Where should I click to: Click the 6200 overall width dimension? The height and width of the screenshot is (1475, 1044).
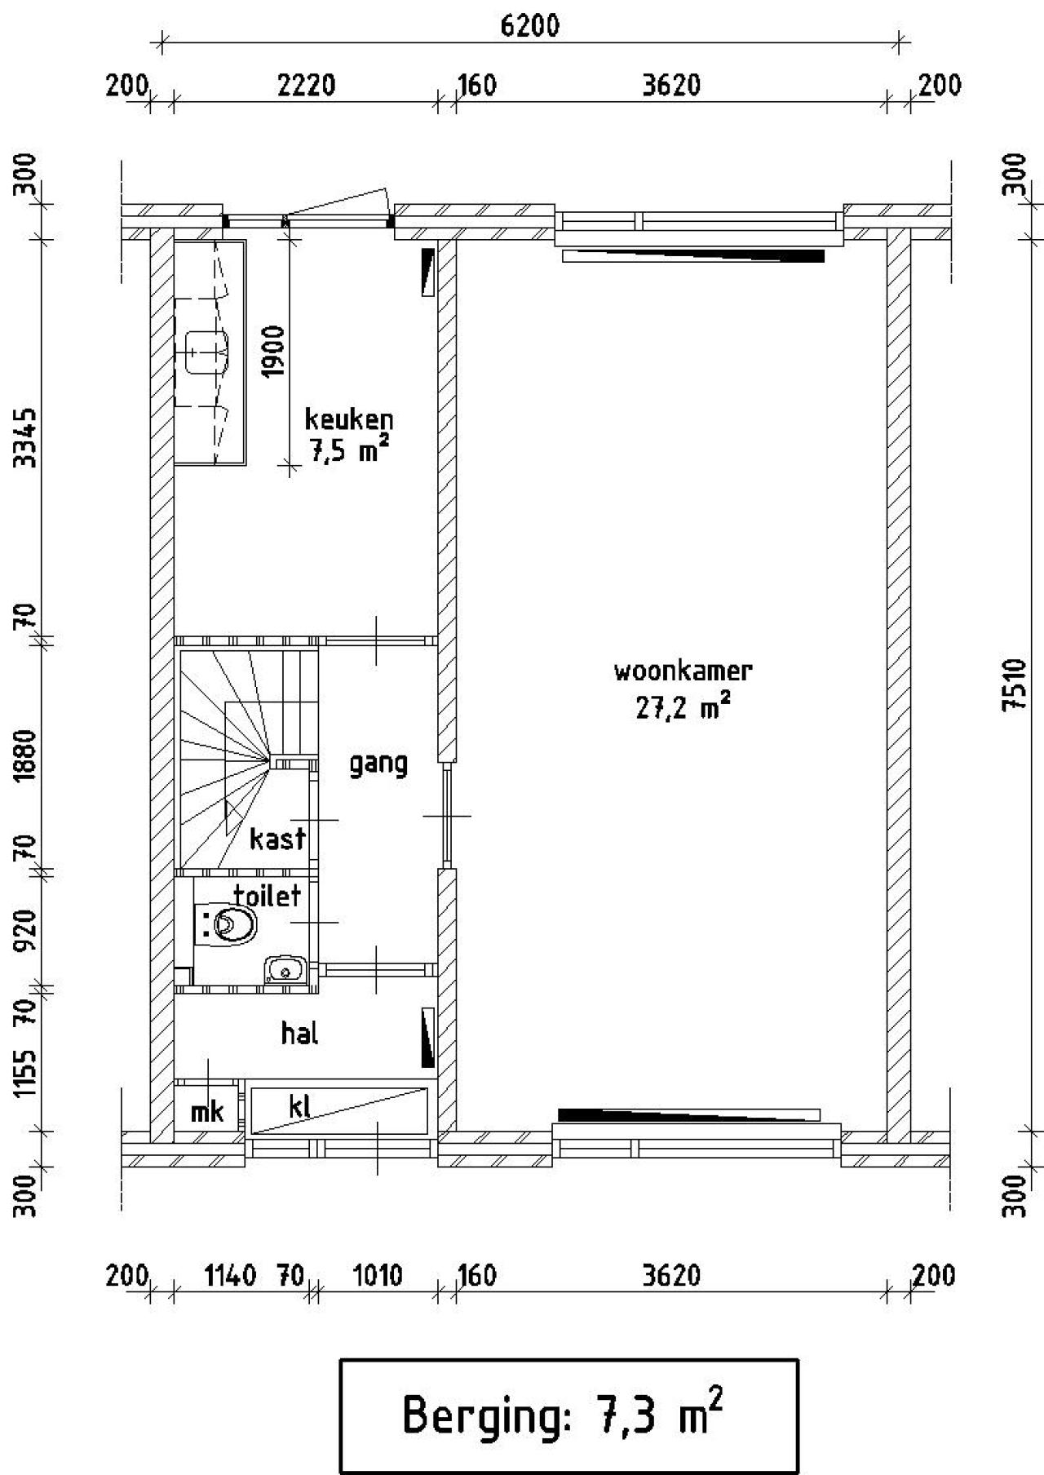(530, 26)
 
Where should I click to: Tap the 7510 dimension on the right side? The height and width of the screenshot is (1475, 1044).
(1013, 685)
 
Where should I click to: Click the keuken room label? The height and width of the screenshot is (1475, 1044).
(349, 419)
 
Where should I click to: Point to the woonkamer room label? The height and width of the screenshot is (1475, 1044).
(683, 671)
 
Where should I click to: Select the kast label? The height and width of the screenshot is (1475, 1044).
(277, 838)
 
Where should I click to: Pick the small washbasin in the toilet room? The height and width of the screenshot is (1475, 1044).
(284, 970)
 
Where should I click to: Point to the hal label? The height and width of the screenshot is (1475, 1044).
(299, 1034)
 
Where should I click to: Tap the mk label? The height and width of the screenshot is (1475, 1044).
(207, 1111)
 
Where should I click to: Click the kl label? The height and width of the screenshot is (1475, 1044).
(299, 1106)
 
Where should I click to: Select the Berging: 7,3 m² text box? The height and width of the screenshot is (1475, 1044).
(568, 1415)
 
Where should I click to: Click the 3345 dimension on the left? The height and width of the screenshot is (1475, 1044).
(28, 438)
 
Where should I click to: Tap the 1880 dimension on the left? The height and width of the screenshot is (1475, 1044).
(28, 755)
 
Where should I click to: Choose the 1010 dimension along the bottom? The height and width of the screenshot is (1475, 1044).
(377, 1274)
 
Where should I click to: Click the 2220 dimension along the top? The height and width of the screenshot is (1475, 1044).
(306, 85)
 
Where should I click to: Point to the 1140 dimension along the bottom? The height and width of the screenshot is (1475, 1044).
(230, 1274)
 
